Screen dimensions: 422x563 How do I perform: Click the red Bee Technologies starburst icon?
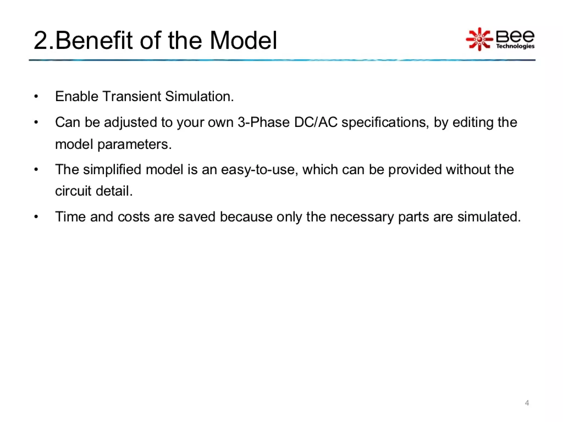pos(479,39)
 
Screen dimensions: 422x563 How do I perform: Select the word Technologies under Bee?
pos(515,46)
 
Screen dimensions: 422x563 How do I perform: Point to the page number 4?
pos(527,403)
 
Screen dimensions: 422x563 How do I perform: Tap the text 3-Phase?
pos(264,122)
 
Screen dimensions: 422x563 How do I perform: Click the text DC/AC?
pos(316,122)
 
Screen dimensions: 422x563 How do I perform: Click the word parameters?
pos(134,145)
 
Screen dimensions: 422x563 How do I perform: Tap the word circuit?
pos(73,191)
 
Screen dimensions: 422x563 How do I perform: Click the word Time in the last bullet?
pos(70,217)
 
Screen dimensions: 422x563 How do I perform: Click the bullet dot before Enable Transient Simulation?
pos(36,97)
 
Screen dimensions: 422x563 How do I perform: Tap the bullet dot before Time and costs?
pos(36,217)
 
